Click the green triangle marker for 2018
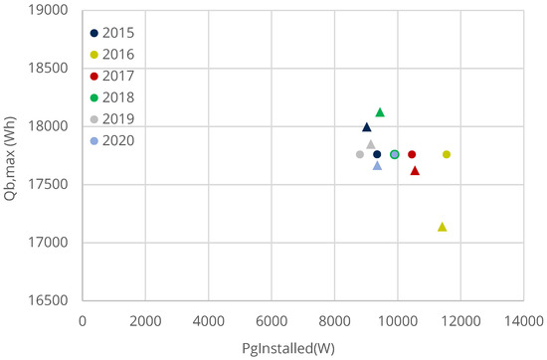click(x=380, y=112)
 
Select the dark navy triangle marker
click(x=366, y=127)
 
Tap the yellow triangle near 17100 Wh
click(x=442, y=228)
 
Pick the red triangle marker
click(x=415, y=171)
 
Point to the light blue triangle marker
click(x=377, y=166)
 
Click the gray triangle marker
click(x=370, y=144)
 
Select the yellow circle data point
click(x=447, y=154)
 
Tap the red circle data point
click(x=412, y=154)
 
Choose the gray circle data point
click(x=359, y=154)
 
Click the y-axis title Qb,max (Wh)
click(x=13, y=154)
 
